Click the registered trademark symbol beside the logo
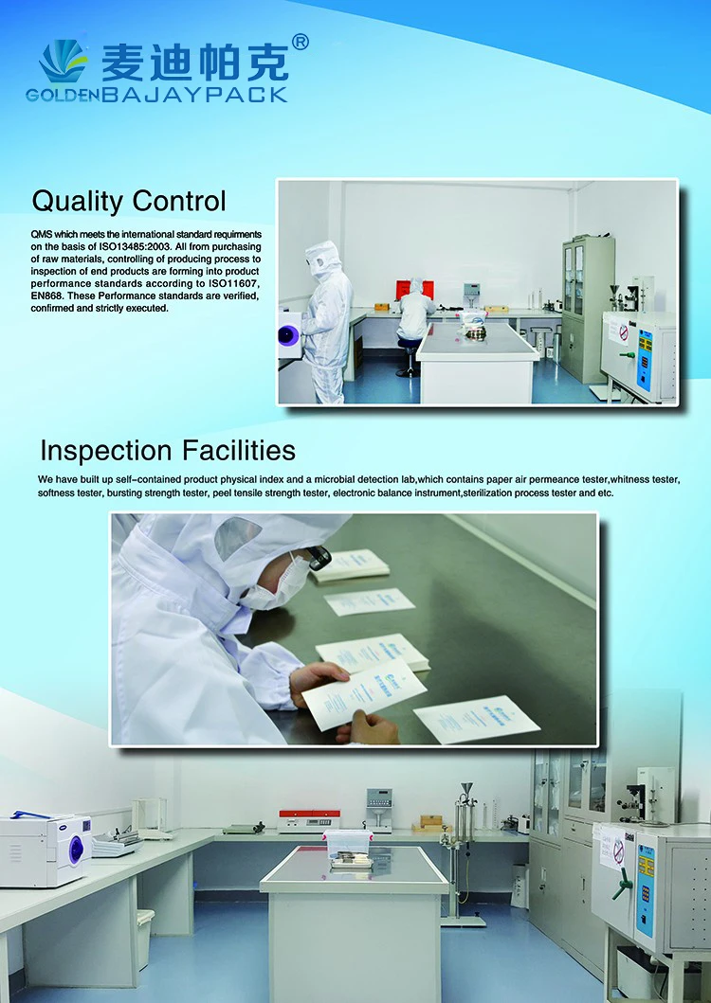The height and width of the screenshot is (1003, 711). coord(300,43)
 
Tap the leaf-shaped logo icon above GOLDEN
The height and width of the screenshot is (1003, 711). coord(63,63)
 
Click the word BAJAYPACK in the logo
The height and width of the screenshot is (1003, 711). coord(194,96)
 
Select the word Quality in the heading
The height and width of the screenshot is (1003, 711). coord(77,202)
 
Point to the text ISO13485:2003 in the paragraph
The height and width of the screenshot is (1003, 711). coord(136,247)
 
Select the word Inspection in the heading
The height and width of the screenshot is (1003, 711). coord(107,452)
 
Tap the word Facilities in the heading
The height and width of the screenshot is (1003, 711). coord(239,450)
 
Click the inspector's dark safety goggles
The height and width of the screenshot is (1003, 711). coord(319,558)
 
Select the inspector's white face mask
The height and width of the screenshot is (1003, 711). coord(276,585)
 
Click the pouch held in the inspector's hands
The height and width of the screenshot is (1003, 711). coord(363,693)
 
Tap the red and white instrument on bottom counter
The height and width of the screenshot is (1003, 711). coord(309,821)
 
